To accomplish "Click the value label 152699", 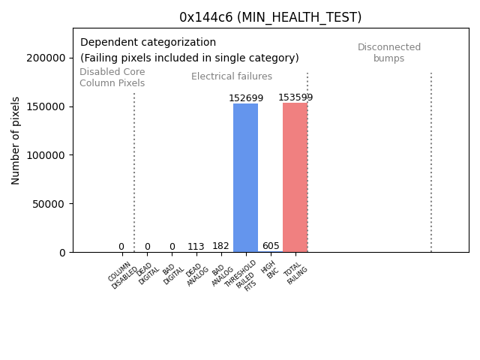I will pos(246,98).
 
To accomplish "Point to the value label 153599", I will pos(295,97).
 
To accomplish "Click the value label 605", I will pos(271,246).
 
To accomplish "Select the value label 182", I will pos(220,246).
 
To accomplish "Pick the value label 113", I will pos(196,247).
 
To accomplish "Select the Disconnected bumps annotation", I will pos(389,52).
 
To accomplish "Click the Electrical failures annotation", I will pos(232,76).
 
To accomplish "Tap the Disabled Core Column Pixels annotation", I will pos(112,77).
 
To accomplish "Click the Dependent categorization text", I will pos(148,43).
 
